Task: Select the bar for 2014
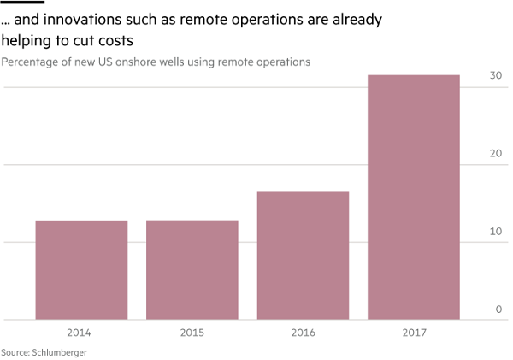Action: (x=81, y=270)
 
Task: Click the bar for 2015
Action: (x=192, y=270)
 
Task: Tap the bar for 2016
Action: (x=303, y=256)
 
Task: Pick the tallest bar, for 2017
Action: (x=414, y=198)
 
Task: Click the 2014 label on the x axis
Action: (x=81, y=333)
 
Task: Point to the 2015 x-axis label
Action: (x=192, y=333)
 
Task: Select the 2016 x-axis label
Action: (x=303, y=333)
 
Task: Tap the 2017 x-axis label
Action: (x=414, y=333)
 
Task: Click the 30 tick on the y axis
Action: (x=495, y=76)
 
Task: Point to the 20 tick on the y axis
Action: (x=495, y=154)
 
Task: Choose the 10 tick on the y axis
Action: (x=495, y=232)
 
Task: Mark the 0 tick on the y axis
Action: (x=498, y=310)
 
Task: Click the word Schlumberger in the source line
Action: (x=59, y=352)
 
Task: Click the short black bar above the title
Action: (x=22, y=3)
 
